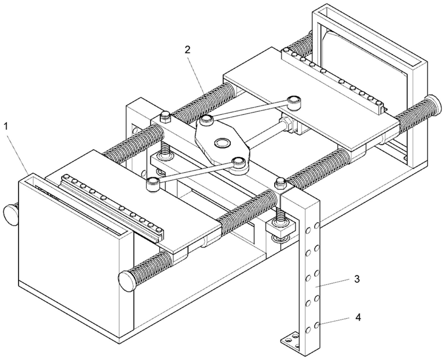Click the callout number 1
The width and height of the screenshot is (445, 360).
point(6,127)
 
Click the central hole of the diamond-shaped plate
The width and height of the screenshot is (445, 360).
point(223,142)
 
